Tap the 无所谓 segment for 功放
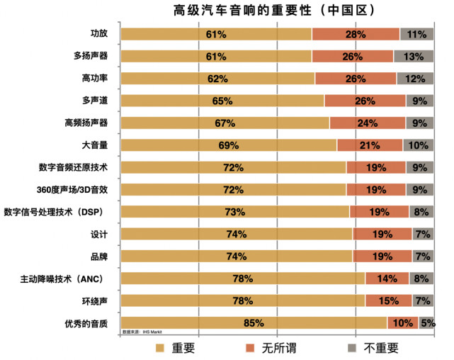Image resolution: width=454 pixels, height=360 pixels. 356,34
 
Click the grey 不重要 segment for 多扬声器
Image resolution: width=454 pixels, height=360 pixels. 414,56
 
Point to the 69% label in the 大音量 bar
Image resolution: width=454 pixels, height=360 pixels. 229,145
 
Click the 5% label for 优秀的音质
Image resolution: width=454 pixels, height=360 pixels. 428,323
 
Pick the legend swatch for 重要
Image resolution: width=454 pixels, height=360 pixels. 159,348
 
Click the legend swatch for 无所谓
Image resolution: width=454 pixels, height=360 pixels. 249,348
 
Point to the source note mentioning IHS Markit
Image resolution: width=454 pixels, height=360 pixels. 142,331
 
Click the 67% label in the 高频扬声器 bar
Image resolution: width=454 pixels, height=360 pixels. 225,123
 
